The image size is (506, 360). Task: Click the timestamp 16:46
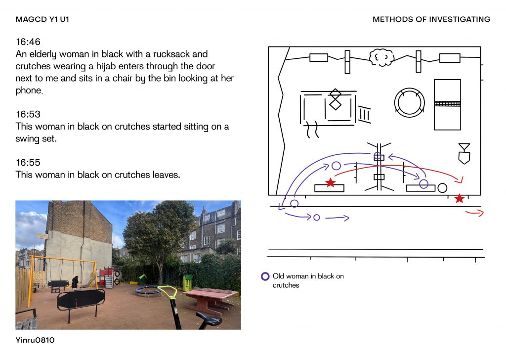click(x=28, y=42)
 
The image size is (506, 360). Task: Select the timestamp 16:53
click(x=28, y=114)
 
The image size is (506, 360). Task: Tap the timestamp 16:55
click(x=28, y=162)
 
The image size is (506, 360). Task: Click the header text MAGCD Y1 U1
click(x=42, y=19)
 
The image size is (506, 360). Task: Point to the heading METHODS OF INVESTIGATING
click(x=431, y=19)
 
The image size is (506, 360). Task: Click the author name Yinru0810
click(x=35, y=340)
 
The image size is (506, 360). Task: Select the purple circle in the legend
click(x=265, y=276)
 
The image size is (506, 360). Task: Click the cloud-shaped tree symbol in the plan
click(x=381, y=57)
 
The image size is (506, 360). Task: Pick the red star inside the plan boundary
click(x=330, y=183)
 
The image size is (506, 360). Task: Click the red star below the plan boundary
click(x=459, y=198)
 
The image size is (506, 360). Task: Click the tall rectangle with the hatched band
click(x=447, y=105)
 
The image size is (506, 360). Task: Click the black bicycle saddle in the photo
click(x=209, y=319)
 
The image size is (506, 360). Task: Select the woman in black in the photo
click(x=75, y=282)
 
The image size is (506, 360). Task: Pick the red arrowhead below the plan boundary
click(x=480, y=213)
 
